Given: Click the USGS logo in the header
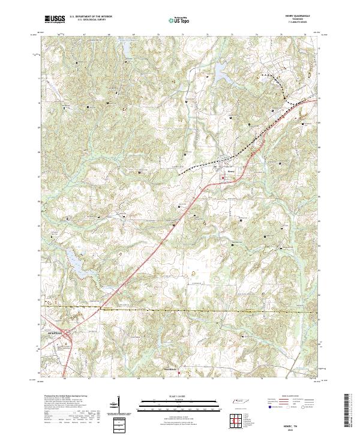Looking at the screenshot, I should tap(55, 19).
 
